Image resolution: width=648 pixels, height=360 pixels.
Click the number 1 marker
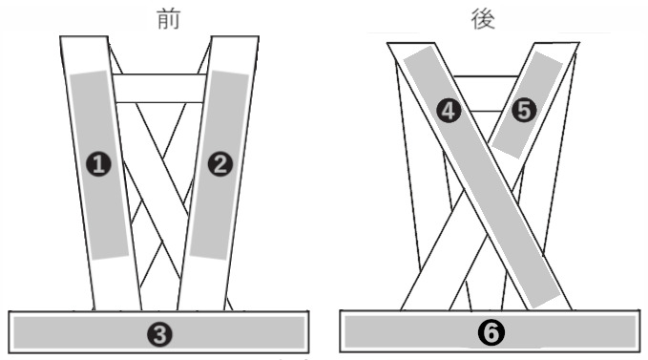pyautogui.click(x=100, y=164)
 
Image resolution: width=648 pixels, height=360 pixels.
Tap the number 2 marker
pyautogui.click(x=220, y=164)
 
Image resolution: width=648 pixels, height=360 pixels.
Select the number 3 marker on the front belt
pyautogui.click(x=160, y=333)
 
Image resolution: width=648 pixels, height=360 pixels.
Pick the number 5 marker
pyautogui.click(x=523, y=111)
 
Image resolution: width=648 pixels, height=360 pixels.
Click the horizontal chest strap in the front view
pyautogui.click(x=159, y=89)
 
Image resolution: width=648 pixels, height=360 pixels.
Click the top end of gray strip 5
pyautogui.click(x=549, y=61)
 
